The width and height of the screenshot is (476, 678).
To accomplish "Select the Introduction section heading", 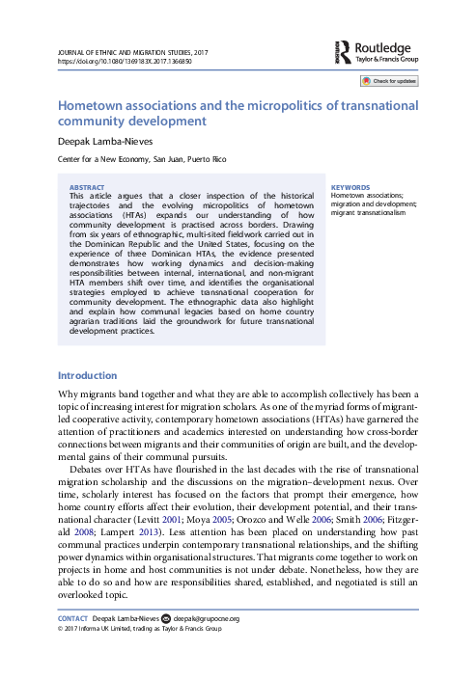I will pyautogui.click(x=88, y=374).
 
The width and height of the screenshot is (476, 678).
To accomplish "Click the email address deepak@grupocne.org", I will pyautogui.click(x=207, y=645).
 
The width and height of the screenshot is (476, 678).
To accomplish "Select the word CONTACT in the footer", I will pyautogui.click(x=73, y=645).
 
